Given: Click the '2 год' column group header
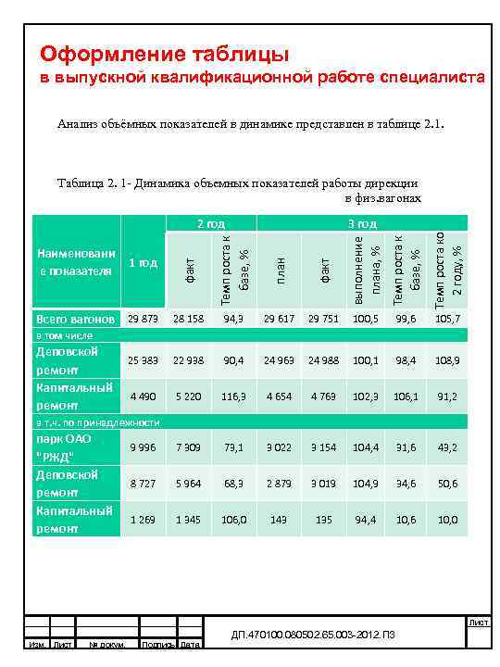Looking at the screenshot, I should [211, 224].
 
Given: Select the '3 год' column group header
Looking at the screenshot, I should [361, 224].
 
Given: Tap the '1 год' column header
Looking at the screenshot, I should [143, 263].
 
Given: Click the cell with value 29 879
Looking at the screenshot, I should [143, 319].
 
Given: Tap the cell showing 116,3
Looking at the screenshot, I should [234, 396].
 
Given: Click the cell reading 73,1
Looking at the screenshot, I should [234, 447].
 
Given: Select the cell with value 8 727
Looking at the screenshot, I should [143, 483].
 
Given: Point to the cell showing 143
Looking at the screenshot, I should [280, 520].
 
